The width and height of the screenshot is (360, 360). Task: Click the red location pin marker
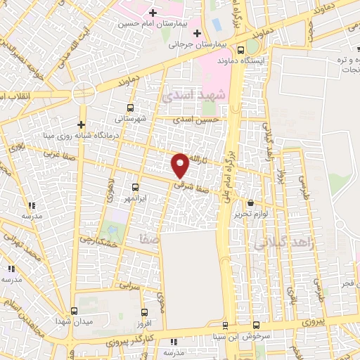(x=181, y=165)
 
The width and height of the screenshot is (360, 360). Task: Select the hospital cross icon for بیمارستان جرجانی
(x=198, y=33)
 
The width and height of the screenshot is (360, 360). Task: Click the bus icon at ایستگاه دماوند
(x=241, y=51)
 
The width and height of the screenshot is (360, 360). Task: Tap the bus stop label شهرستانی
(x=131, y=118)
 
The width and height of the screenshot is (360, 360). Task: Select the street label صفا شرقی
(x=191, y=186)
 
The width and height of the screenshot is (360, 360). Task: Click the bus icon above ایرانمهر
(x=136, y=188)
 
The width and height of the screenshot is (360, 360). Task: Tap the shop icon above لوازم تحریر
(x=250, y=203)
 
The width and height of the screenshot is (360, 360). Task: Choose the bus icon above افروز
(x=144, y=313)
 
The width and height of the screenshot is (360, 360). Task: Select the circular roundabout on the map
(x=83, y=92)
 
